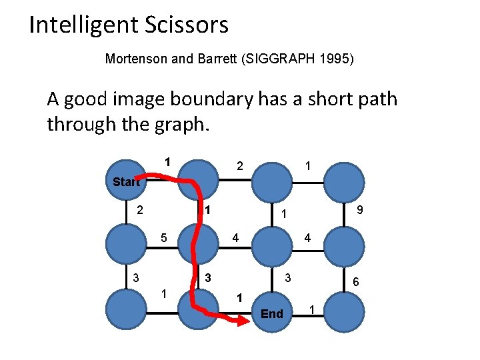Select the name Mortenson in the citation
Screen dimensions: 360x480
pyautogui.click(x=137, y=59)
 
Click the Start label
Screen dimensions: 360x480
pyautogui.click(x=126, y=181)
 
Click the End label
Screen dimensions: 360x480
pyautogui.click(x=272, y=313)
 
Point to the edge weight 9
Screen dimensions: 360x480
pyautogui.click(x=359, y=210)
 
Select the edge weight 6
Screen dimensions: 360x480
pyautogui.click(x=356, y=282)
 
